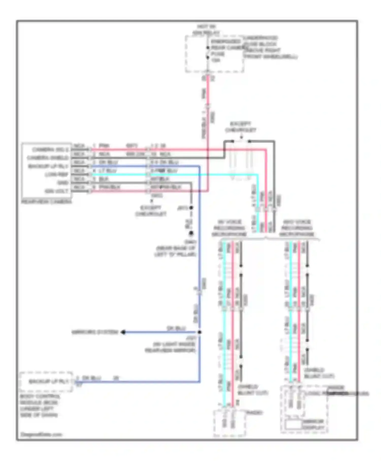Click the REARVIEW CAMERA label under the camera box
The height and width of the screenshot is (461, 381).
(46, 202)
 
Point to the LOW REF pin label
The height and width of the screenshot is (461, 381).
(57, 175)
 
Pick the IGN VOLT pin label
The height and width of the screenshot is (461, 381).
(56, 191)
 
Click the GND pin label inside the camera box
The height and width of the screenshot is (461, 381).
(62, 183)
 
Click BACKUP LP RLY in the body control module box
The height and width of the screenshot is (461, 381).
(49, 381)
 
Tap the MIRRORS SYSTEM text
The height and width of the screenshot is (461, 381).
(95, 332)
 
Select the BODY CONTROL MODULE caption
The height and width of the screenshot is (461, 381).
(40, 406)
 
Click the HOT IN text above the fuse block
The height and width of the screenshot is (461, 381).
(206, 26)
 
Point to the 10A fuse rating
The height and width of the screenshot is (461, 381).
(216, 60)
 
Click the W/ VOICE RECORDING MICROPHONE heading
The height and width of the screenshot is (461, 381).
(229, 228)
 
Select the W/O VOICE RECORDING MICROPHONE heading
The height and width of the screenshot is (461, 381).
(297, 228)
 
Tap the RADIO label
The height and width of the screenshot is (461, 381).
(254, 412)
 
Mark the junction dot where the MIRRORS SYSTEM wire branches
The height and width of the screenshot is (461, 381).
(200, 332)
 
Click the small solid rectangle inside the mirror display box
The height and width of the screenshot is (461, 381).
(294, 425)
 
